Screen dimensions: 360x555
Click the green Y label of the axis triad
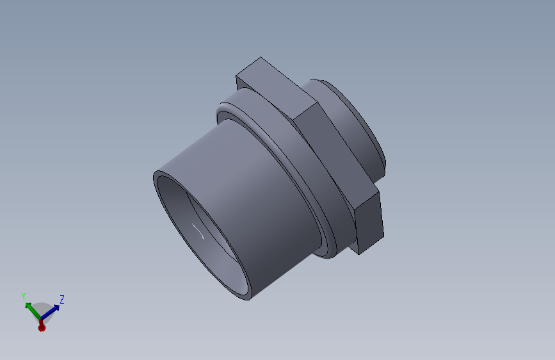click(x=23, y=296)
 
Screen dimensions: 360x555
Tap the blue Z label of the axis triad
click(x=62, y=299)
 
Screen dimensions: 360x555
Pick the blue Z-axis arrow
click(x=52, y=310)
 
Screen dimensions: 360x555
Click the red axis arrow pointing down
click(x=42, y=326)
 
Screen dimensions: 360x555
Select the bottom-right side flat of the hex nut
click(x=370, y=221)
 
